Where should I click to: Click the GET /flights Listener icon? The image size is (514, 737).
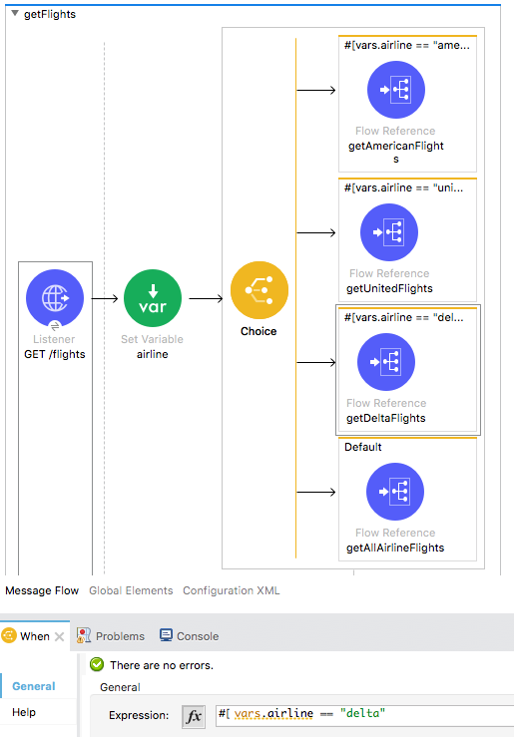(55, 298)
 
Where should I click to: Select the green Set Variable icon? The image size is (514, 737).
(153, 298)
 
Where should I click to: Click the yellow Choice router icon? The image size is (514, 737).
(259, 290)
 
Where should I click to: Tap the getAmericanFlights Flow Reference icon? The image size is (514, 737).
(396, 90)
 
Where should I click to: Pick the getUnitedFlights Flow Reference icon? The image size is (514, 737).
(389, 232)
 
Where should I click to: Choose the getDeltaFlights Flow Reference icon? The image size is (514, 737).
(386, 362)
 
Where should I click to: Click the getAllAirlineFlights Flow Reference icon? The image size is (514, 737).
(395, 492)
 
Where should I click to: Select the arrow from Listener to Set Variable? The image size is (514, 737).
(105, 298)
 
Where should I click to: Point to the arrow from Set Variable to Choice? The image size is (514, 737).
(206, 298)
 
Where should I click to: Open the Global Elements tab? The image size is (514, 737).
(131, 590)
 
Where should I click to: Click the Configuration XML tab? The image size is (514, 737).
(231, 590)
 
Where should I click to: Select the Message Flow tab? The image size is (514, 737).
(42, 590)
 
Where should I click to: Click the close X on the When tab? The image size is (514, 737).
(59, 636)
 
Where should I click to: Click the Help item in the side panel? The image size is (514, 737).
(24, 712)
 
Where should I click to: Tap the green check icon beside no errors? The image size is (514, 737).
(97, 664)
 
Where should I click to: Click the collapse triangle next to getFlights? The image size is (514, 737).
(15, 14)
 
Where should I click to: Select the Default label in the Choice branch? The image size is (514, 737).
(363, 447)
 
